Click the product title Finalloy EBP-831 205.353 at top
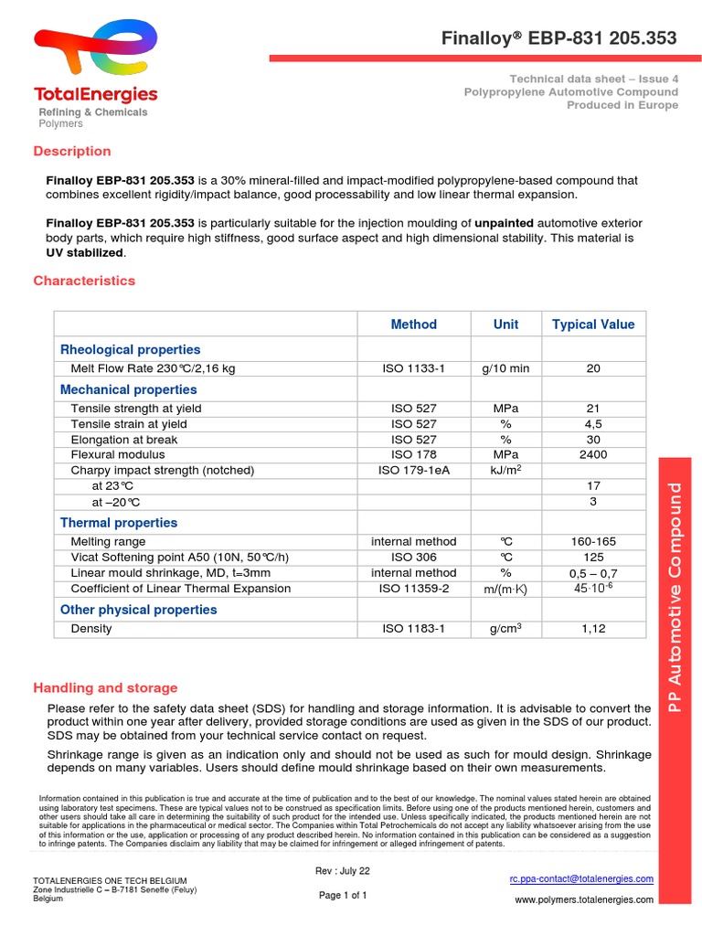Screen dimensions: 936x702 click(559, 38)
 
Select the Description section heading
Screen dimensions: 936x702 click(72, 151)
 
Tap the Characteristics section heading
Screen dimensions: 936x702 click(84, 281)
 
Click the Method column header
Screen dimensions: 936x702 click(413, 324)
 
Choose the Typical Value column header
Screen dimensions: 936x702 click(592, 324)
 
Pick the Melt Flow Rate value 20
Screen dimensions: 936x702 click(593, 368)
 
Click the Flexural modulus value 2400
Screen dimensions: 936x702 click(593, 454)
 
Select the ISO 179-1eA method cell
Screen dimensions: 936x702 click(413, 470)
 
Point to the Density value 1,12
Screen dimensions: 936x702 click(593, 629)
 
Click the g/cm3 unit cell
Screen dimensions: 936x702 click(505, 629)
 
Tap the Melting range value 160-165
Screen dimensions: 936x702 click(593, 541)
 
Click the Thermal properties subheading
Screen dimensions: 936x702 click(119, 523)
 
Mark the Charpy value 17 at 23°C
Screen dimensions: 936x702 click(593, 486)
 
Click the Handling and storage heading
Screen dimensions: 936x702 click(105, 688)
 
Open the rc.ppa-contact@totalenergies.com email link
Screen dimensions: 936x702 click(581, 878)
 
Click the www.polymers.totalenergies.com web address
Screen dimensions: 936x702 click(584, 899)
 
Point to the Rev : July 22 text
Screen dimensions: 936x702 click(343, 871)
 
